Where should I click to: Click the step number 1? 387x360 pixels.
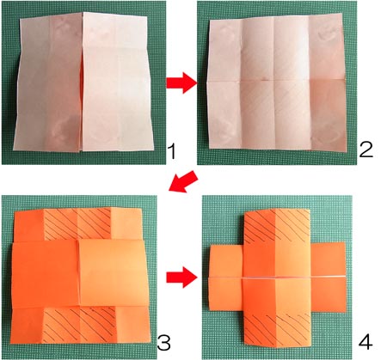tap(172, 151)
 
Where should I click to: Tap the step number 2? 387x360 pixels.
tap(365, 149)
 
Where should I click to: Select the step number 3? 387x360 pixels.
tap(164, 343)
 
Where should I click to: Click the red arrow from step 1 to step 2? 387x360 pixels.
tap(181, 83)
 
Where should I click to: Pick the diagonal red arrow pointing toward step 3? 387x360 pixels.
tap(183, 182)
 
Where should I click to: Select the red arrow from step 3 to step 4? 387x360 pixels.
tap(181, 278)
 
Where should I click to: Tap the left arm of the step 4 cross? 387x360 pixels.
tap(226, 278)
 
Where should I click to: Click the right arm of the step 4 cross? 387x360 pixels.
tap(329, 277)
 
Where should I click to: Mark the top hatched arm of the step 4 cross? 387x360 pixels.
tap(277, 226)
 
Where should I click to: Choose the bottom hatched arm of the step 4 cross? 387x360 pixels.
tap(277, 329)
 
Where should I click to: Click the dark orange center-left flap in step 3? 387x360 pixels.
tap(45, 274)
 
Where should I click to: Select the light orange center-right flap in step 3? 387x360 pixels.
tap(114, 272)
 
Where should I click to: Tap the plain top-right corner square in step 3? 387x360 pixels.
tap(126, 223)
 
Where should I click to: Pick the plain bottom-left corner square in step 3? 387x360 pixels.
tap(28, 325)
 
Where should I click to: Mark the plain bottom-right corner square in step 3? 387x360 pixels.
tap(132, 324)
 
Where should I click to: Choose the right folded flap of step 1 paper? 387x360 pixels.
tap(117, 82)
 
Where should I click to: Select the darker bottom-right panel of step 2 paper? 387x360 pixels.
tap(328, 115)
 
